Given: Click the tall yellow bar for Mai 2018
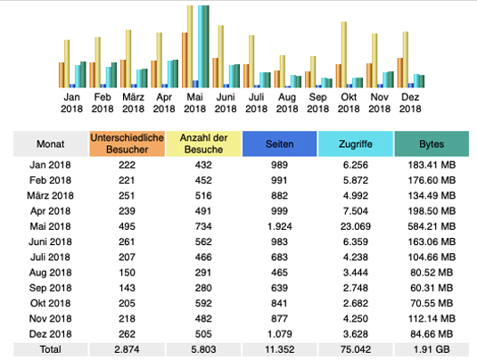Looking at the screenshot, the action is (x=190, y=46).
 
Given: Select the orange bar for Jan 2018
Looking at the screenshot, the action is (x=62, y=75).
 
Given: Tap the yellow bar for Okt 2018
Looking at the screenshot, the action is (x=344, y=54).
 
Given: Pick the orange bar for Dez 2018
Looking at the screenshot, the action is (x=400, y=73).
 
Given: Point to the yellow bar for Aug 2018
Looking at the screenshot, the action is (x=283, y=71).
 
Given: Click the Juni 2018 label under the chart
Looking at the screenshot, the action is (x=226, y=102).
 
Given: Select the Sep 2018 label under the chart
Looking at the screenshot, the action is (x=318, y=102).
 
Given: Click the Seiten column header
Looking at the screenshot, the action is (x=280, y=143).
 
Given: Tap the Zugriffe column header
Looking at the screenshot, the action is (x=356, y=143).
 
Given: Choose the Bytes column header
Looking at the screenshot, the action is (x=432, y=143).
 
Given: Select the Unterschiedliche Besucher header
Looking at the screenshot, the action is (x=127, y=143).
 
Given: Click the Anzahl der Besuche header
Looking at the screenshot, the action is (x=203, y=143).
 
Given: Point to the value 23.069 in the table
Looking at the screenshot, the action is (x=356, y=226).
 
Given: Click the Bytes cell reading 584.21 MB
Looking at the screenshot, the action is (x=432, y=226).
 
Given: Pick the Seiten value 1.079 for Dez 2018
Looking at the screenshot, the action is (x=280, y=334).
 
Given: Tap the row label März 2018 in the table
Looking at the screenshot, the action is (x=51, y=195).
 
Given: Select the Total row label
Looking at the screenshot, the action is (x=51, y=349).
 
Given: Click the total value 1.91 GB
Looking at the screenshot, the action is (x=432, y=349).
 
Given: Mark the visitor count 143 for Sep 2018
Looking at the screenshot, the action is (x=127, y=288).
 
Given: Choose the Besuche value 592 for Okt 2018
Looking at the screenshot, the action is (x=203, y=304).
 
